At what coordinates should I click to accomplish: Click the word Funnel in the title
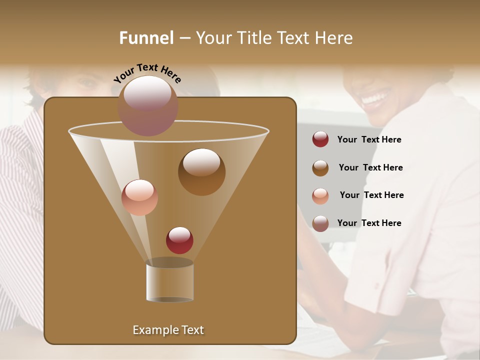[146, 38]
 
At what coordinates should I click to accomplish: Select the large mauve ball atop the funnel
[147, 105]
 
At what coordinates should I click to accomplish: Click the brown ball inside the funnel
[201, 172]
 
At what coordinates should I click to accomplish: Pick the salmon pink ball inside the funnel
[139, 197]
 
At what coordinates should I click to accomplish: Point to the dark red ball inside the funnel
[179, 240]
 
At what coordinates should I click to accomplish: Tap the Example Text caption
[168, 330]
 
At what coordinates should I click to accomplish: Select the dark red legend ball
[320, 139]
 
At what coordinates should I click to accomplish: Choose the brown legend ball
[320, 168]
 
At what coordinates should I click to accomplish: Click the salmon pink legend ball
[320, 196]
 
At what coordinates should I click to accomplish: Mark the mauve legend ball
[320, 223]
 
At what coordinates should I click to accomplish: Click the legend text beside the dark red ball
[369, 139]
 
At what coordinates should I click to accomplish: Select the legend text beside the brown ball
[370, 167]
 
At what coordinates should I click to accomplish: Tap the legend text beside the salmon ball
[371, 195]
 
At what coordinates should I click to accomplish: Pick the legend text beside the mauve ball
[369, 223]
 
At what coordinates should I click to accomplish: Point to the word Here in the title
[333, 38]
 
